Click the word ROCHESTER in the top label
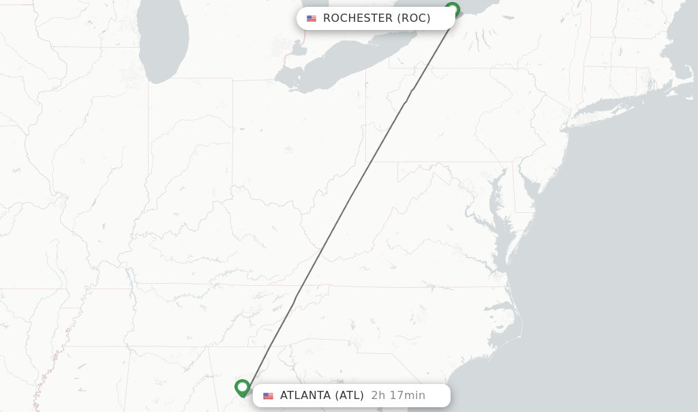[x=358, y=18]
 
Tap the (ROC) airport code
[x=414, y=18]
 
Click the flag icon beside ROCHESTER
[x=312, y=18]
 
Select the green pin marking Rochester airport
[x=452, y=10]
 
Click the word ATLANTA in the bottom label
[x=305, y=396]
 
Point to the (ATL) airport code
[x=348, y=396]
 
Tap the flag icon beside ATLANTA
[x=268, y=396]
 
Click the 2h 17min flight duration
[x=398, y=396]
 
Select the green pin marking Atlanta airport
[x=242, y=387]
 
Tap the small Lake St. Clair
[x=298, y=49]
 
